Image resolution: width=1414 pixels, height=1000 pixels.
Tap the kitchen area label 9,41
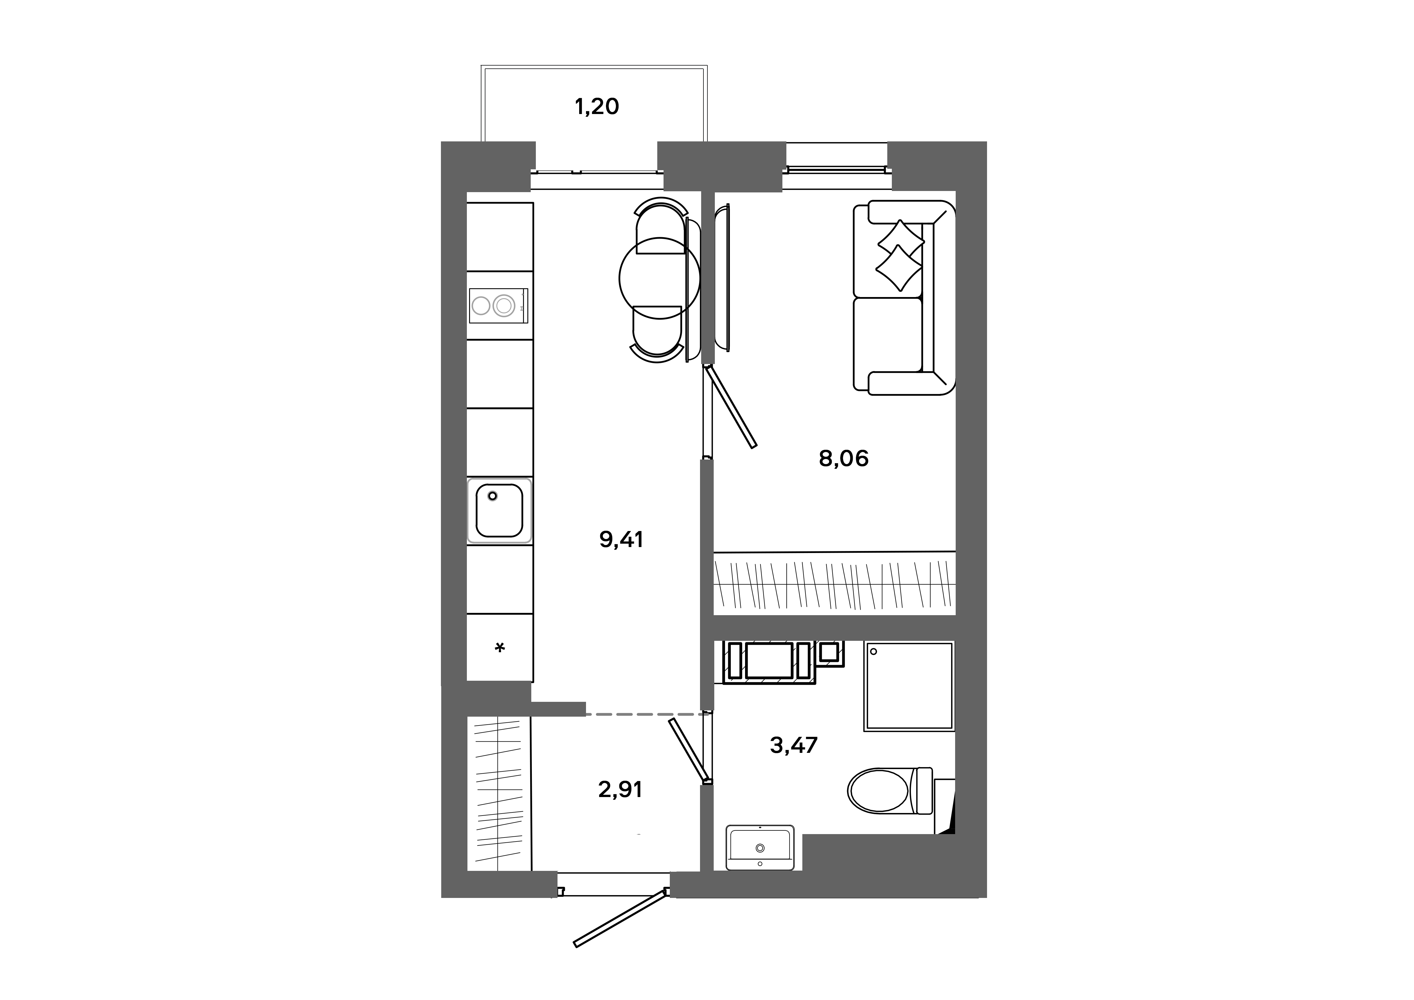click(621, 539)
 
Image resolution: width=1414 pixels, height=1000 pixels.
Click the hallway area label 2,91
click(620, 789)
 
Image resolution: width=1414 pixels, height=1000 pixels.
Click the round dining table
click(659, 278)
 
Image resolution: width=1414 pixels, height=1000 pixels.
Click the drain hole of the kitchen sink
click(492, 496)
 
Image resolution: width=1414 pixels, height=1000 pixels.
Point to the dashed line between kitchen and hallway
click(647, 714)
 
